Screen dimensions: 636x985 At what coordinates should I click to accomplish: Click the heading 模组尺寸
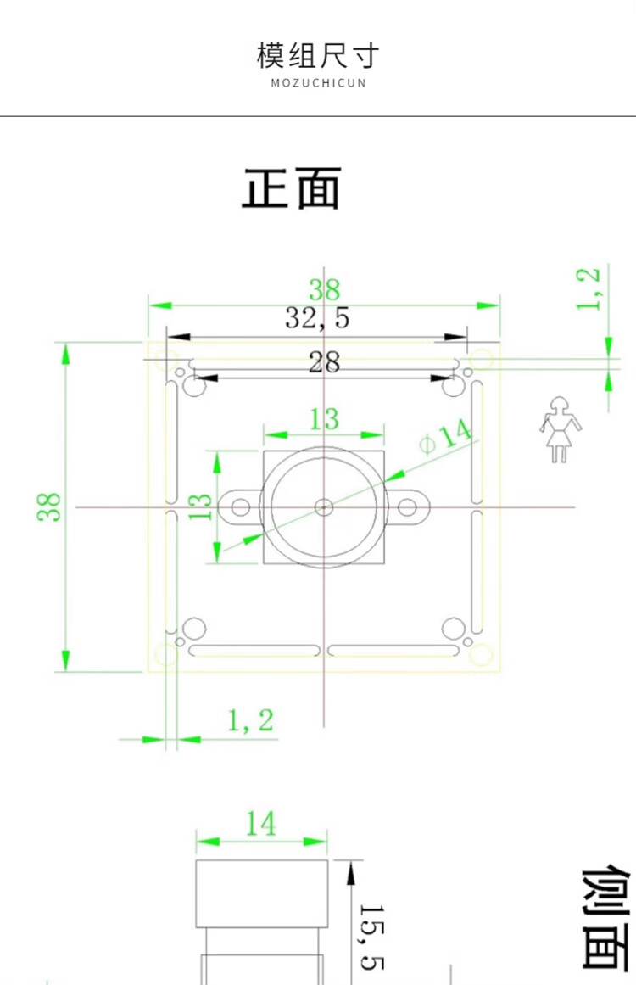click(318, 55)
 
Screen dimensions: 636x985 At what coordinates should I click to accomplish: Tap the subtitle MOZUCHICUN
click(318, 83)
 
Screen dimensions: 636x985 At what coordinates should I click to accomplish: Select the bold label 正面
click(292, 187)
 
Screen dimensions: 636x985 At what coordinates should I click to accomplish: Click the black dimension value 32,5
click(317, 318)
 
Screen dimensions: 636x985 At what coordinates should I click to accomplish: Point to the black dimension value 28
click(324, 362)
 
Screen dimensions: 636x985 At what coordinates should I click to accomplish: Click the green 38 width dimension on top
click(325, 289)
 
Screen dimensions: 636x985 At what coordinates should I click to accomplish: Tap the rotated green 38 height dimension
click(49, 506)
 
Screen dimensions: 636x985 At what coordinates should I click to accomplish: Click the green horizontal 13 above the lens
click(324, 419)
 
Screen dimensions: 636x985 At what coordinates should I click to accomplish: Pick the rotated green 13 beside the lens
click(200, 506)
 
